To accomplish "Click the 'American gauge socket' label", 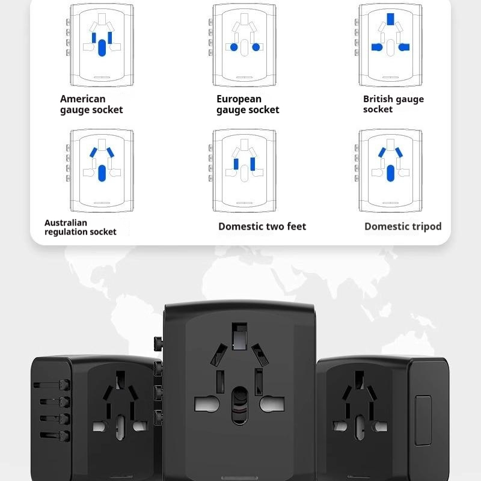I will [x=91, y=104].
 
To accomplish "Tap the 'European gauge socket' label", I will [x=248, y=104].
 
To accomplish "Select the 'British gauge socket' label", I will [x=393, y=104].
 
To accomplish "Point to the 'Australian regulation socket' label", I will [x=80, y=227].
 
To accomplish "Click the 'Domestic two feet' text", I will [x=262, y=227].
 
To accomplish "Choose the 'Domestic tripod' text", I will [x=403, y=227].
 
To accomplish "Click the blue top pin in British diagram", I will [x=391, y=19].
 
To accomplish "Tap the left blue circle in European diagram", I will [x=234, y=47].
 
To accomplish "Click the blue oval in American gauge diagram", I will [x=102, y=47].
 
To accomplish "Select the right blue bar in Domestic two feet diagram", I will [x=253, y=164].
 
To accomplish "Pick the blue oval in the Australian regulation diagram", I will [x=102, y=173].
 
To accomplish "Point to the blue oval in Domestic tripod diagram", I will [x=391, y=173].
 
